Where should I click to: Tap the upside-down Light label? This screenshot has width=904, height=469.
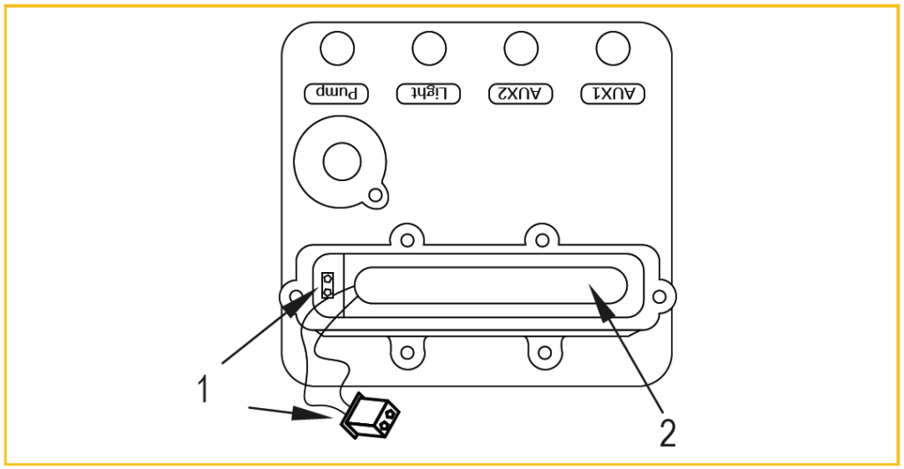(x=429, y=92)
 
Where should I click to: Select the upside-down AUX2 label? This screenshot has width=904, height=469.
(x=520, y=92)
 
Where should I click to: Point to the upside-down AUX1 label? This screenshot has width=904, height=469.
(x=613, y=92)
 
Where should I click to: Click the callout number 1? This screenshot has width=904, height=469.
(x=203, y=389)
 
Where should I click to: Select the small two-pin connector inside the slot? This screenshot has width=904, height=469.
(x=328, y=285)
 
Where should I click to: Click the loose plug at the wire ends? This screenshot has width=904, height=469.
(x=370, y=414)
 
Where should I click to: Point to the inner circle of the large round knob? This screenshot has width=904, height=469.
(x=342, y=162)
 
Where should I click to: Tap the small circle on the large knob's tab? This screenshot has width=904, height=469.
(x=376, y=194)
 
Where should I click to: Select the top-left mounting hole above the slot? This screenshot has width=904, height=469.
(x=405, y=238)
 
